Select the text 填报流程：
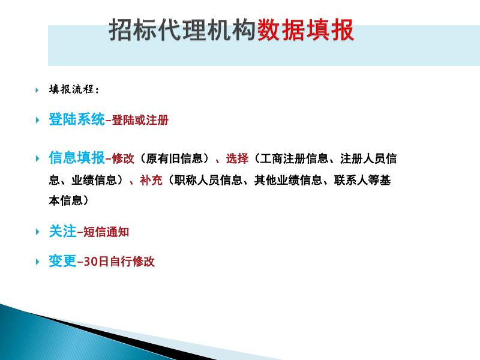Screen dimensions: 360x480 [x=74, y=90]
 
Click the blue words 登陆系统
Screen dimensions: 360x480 [x=77, y=119]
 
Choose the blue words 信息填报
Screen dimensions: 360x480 [x=77, y=158]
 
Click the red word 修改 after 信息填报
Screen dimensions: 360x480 [x=121, y=160]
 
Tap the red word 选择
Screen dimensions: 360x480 [x=237, y=160]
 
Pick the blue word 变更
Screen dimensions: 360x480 [x=62, y=262]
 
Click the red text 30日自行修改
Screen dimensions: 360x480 [x=119, y=262]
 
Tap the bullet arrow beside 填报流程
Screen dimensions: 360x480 [x=37, y=90]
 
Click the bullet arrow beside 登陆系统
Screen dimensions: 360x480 [x=37, y=120]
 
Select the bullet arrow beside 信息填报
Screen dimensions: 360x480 [x=37, y=159]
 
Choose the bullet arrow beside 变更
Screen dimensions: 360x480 [x=37, y=262]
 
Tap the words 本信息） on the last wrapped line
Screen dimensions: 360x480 [x=68, y=200]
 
